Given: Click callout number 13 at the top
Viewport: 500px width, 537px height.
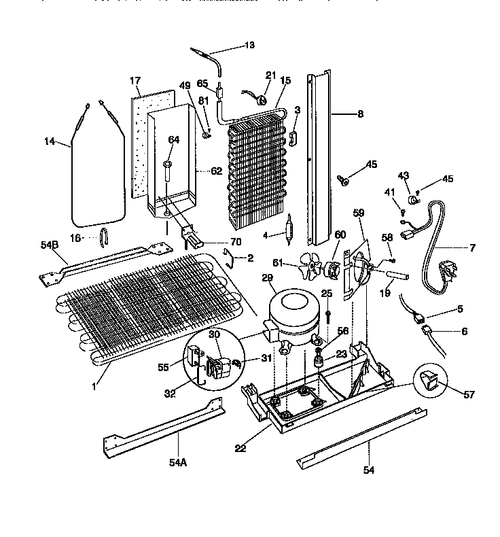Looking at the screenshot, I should click(x=249, y=46).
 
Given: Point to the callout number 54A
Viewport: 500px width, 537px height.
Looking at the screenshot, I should click(x=177, y=462).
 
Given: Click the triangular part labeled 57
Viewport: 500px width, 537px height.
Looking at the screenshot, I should click(x=429, y=385).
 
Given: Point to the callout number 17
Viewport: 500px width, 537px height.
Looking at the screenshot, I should click(x=135, y=80).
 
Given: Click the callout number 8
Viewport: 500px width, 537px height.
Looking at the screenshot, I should click(x=359, y=114).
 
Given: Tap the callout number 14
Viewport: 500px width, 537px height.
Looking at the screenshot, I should click(x=49, y=141).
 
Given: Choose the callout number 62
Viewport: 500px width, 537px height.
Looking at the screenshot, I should click(x=216, y=171).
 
